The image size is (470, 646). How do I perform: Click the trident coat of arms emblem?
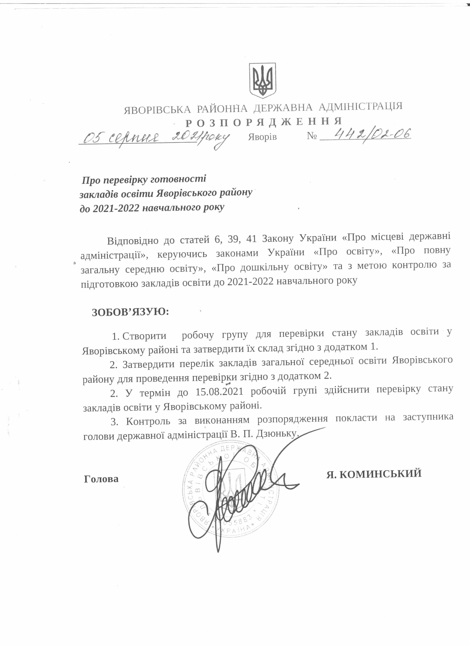click(x=262, y=80)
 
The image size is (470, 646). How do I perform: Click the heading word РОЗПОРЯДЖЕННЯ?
click(x=264, y=122)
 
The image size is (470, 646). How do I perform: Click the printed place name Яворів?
click(x=262, y=137)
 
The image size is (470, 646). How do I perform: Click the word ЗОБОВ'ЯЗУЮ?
click(x=130, y=312)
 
